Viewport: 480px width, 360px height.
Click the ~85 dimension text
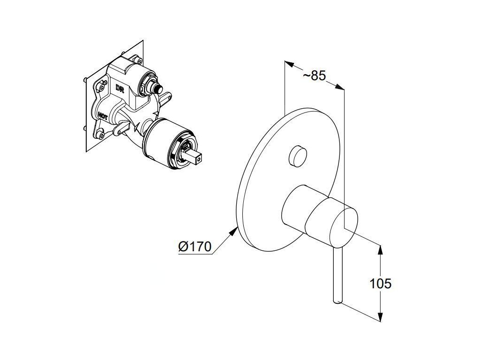click(x=314, y=75)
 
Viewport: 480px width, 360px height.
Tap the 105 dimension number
click(x=381, y=283)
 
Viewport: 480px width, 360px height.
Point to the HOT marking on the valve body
click(x=104, y=115)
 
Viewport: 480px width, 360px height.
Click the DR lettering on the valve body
click(x=119, y=87)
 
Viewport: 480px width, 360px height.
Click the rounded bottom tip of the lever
click(x=336, y=301)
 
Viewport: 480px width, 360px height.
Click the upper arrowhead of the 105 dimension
click(x=380, y=249)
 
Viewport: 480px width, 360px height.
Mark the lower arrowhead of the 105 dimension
click(x=380, y=317)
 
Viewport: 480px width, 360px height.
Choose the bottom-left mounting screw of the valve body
click(x=101, y=136)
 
